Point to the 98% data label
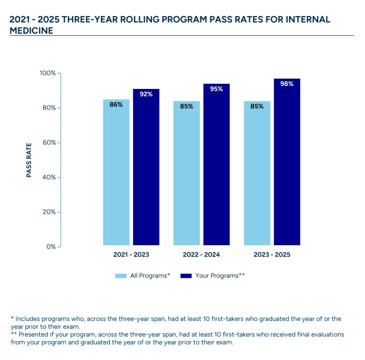(287, 84)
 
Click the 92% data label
(146, 94)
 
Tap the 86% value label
(116, 105)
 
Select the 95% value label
(216, 89)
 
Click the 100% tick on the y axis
(48, 73)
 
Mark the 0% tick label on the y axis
(50, 247)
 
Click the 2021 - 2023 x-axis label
(131, 255)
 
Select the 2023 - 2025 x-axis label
(272, 255)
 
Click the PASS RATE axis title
(29, 160)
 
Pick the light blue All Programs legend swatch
(121, 276)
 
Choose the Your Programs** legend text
(220, 276)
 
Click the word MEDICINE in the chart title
(31, 30)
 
